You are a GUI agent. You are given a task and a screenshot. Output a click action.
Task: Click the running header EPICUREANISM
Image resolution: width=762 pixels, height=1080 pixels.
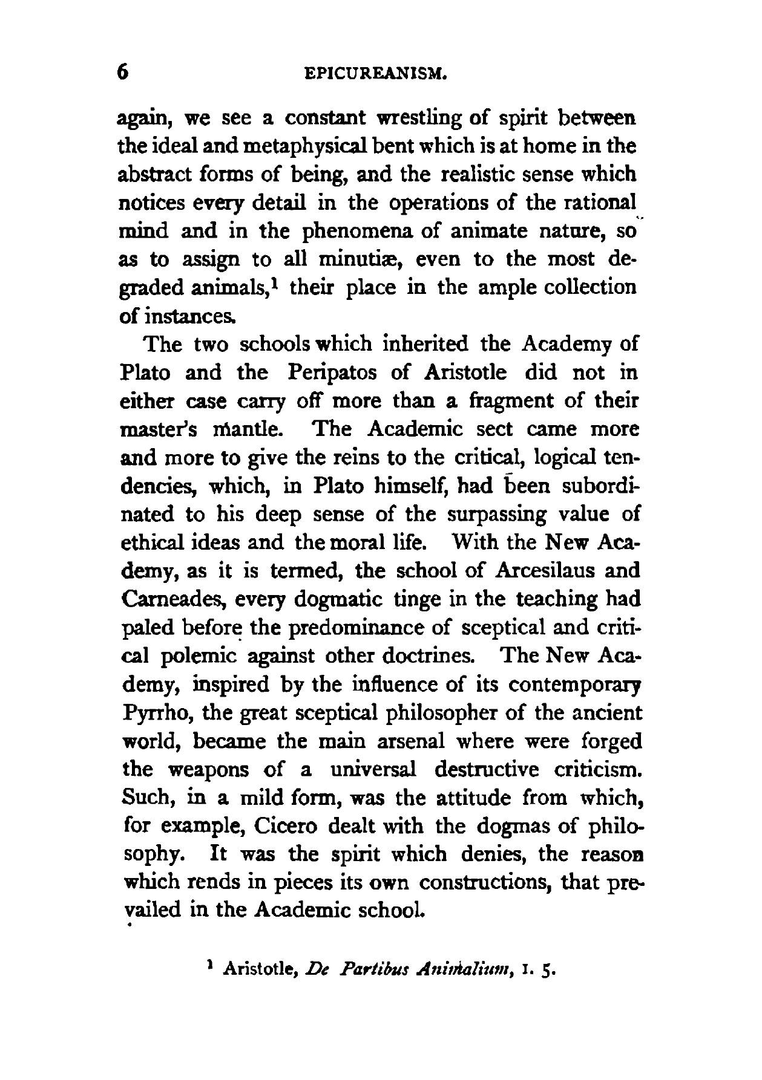tap(376, 74)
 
